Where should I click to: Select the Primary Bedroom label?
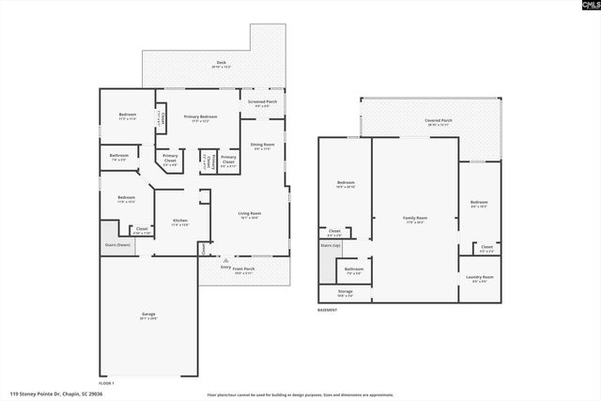pyautogui.click(x=198, y=116)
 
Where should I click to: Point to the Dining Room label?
pyautogui.click(x=261, y=146)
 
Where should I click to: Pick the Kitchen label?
pyautogui.click(x=179, y=223)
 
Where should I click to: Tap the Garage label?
pyautogui.click(x=147, y=316)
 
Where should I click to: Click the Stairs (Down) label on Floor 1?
pyautogui.click(x=117, y=244)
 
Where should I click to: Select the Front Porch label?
pyautogui.click(x=243, y=269)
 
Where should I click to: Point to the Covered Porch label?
pyautogui.click(x=438, y=121)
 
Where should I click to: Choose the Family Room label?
pyautogui.click(x=415, y=220)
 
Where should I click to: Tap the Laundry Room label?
pyautogui.click(x=480, y=278)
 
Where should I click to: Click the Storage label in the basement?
pyautogui.click(x=346, y=292)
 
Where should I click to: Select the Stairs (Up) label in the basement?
pyautogui.click(x=331, y=245)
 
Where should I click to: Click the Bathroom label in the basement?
pyautogui.click(x=353, y=270)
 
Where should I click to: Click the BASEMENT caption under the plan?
pyautogui.click(x=327, y=309)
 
